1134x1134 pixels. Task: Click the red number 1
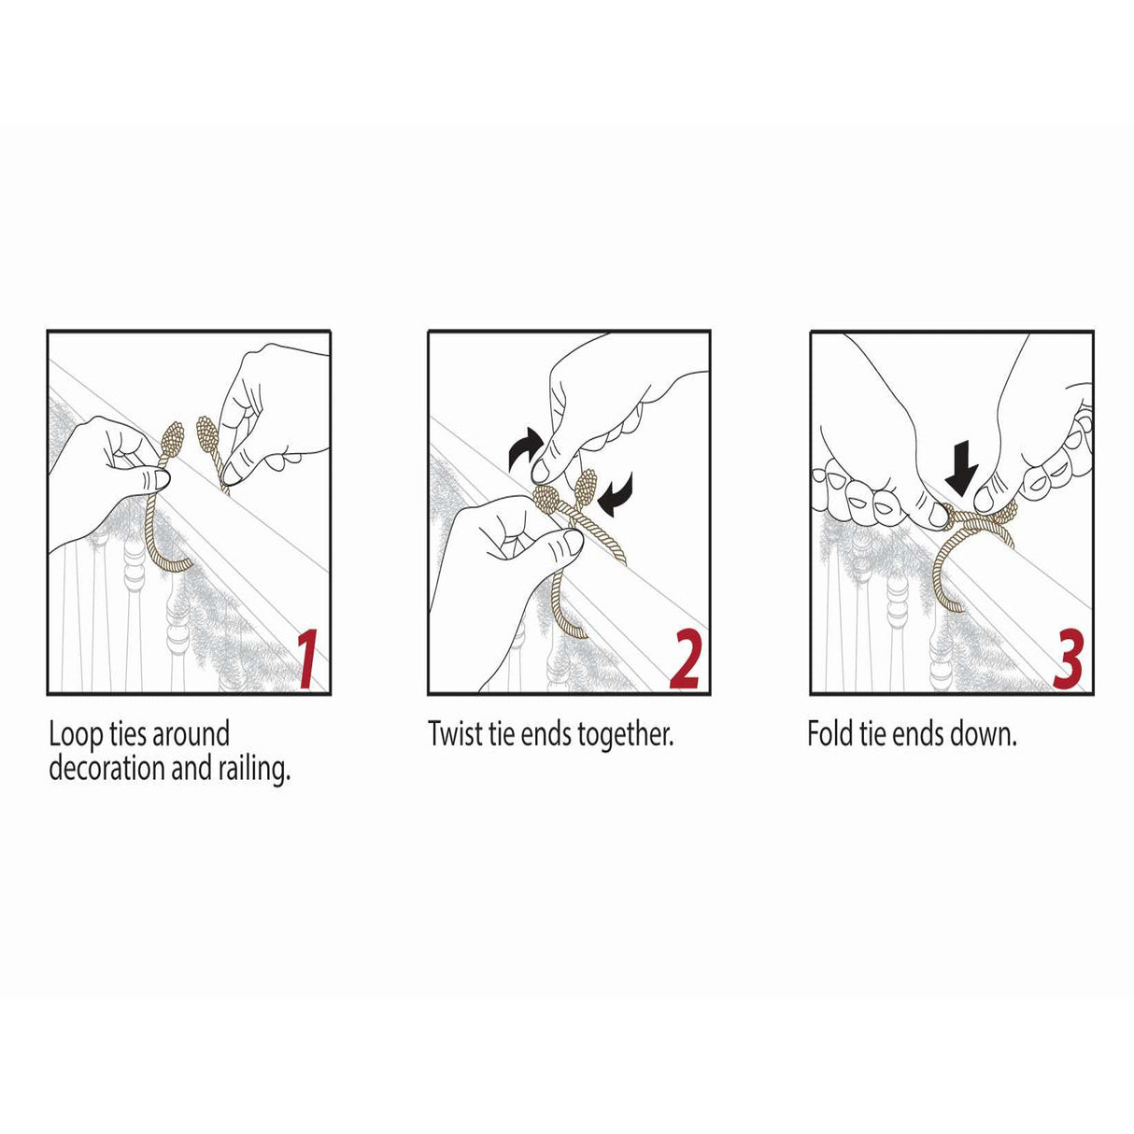306,659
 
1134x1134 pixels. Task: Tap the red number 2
686,659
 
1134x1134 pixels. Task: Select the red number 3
1068,659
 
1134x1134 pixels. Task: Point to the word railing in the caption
252,770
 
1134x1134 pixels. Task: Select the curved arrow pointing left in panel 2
617,491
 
